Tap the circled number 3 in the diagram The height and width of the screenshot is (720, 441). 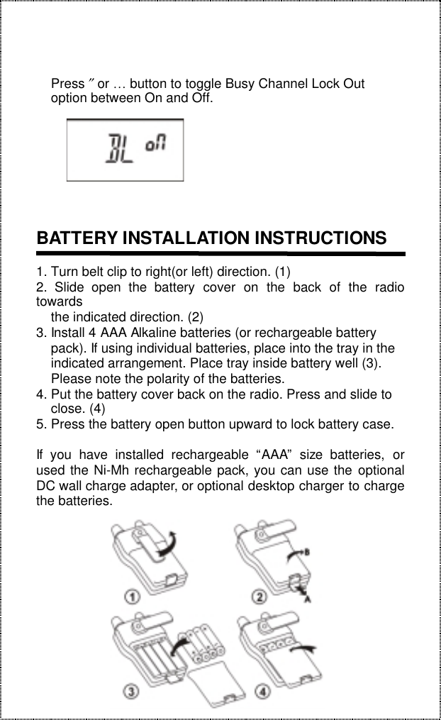pos(132,689)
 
